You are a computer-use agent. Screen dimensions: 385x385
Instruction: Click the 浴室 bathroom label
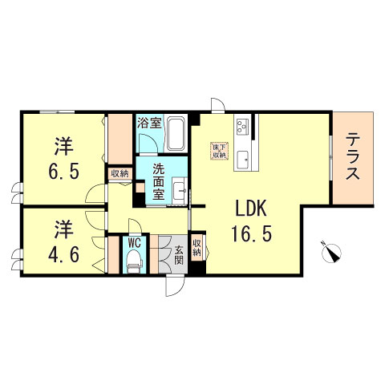pyautogui.click(x=149, y=124)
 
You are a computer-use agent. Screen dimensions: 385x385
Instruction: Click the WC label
pyautogui.click(x=135, y=241)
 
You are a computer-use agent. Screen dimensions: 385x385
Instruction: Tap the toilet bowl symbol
pyautogui.click(x=135, y=260)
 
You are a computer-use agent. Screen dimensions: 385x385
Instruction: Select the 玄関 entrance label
pyautogui.click(x=179, y=253)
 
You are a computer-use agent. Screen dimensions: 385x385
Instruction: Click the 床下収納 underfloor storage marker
pyautogui.click(x=218, y=152)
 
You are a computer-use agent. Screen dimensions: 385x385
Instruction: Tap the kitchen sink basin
pyautogui.click(x=245, y=159)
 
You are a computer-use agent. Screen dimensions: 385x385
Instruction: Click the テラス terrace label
pyautogui.click(x=353, y=157)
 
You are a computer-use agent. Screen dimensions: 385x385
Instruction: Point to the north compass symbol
pyautogui.click(x=331, y=253)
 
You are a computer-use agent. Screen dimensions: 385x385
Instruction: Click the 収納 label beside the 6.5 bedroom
pyautogui.click(x=120, y=172)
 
